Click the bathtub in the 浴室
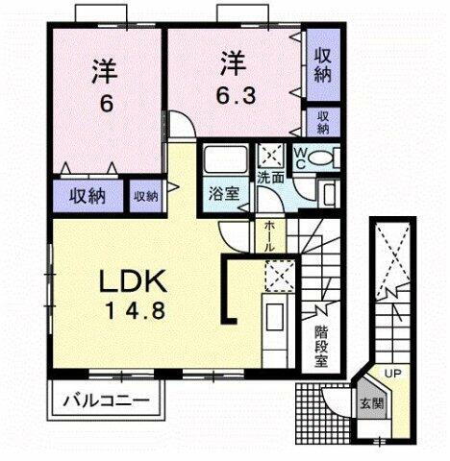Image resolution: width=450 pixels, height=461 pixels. click(224, 160)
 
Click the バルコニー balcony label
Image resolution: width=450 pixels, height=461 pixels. click(105, 399)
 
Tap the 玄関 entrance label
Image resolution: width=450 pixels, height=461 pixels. click(370, 404)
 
